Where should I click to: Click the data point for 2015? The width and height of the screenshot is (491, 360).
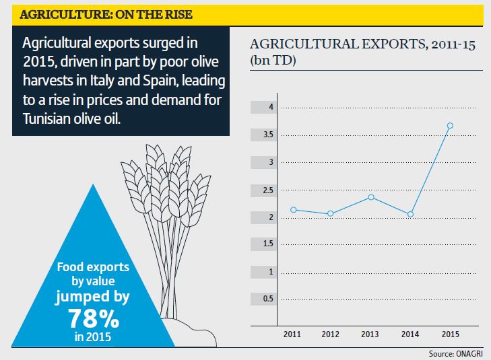click(450, 125)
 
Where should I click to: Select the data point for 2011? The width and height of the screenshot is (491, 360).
click(293, 210)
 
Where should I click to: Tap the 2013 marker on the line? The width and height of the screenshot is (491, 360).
click(371, 197)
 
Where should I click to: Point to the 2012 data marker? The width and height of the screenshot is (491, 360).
click(330, 214)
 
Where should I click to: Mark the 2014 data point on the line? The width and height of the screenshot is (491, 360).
click(410, 214)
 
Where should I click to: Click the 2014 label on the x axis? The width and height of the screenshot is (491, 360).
click(410, 334)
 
